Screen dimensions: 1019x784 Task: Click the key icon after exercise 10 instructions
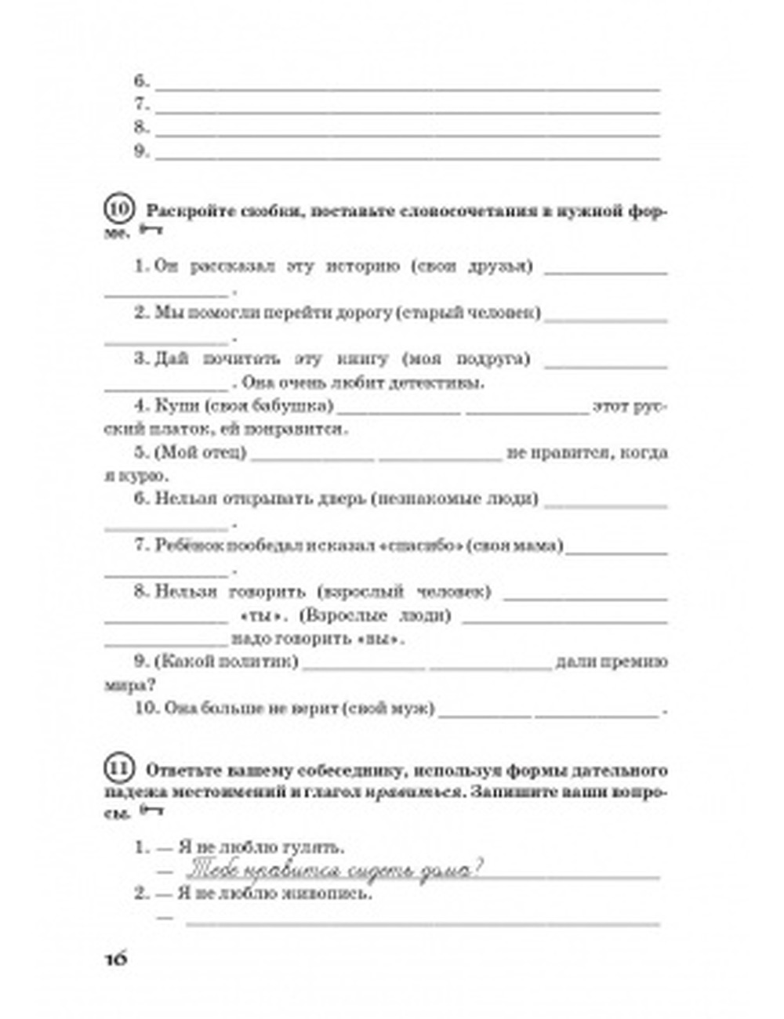(151, 231)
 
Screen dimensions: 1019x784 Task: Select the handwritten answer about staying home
(333, 871)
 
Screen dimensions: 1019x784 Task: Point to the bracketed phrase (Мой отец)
(201, 453)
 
